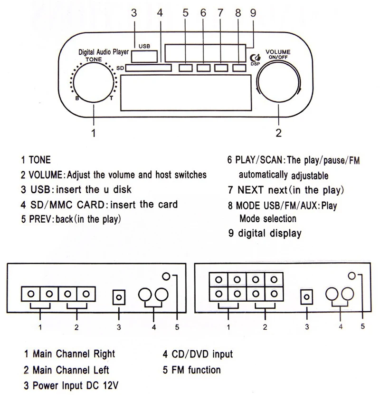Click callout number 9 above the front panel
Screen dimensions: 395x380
point(253,13)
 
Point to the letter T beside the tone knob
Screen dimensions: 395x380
point(111,99)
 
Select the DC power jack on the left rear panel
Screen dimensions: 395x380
point(119,297)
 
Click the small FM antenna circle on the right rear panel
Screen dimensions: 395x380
point(351,276)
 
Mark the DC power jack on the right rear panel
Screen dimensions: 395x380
point(307,297)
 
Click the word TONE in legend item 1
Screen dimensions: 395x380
point(39,160)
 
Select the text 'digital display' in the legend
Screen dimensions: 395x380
point(269,233)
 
